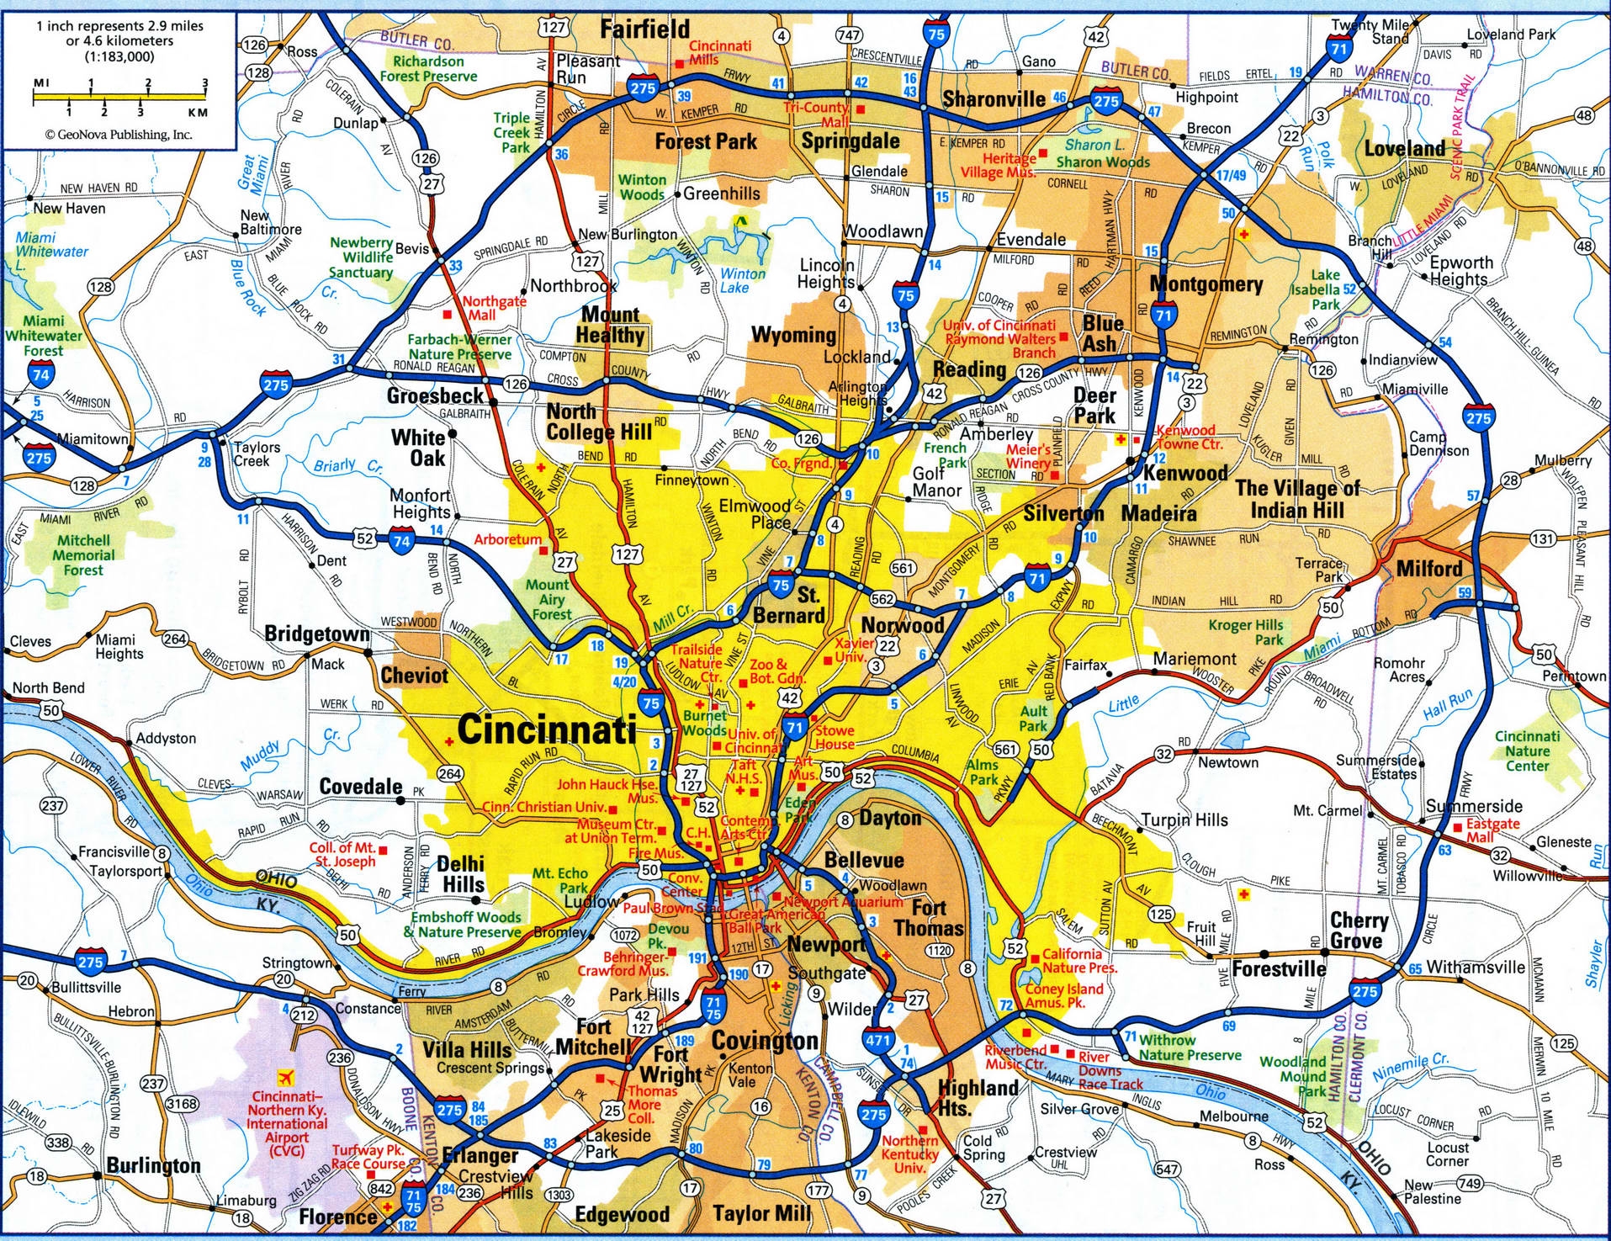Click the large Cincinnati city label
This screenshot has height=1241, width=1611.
(547, 729)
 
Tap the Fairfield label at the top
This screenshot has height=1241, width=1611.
(644, 29)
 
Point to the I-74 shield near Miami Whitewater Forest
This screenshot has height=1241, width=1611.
(40, 374)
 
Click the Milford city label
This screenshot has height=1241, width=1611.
(1429, 569)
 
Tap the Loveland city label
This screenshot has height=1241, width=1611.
(1404, 149)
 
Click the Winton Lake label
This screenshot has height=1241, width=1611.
(742, 280)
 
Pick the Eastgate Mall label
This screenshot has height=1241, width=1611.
(1492, 830)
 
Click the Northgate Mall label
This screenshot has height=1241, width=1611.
(494, 307)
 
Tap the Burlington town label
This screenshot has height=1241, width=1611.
(153, 1165)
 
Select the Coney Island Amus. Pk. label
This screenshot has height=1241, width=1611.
(1063, 995)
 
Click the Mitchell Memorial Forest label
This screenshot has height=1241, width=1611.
(83, 555)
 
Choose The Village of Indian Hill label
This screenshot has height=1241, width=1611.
(1296, 499)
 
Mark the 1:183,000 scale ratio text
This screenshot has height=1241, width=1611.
(119, 56)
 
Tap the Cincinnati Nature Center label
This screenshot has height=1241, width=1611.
(1527, 750)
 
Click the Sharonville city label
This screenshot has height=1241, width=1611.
(994, 99)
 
